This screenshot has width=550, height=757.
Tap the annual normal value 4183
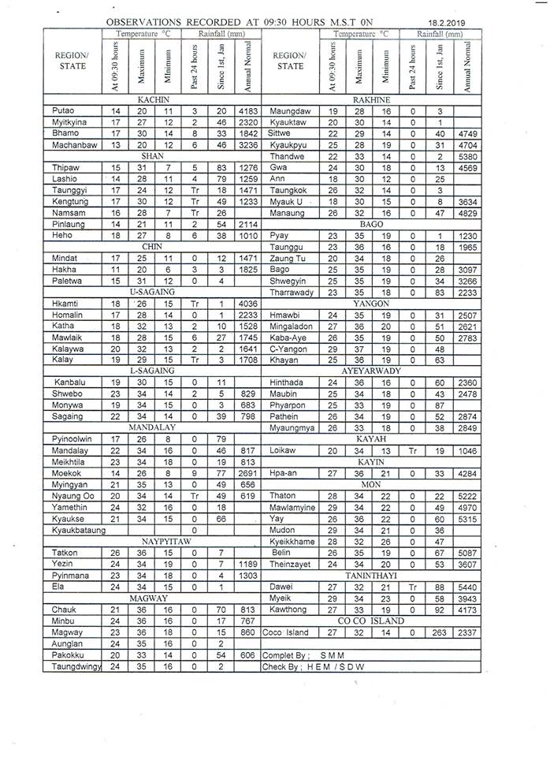point(247,111)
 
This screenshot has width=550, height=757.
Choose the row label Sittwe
point(281,134)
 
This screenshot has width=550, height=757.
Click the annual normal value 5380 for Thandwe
point(466,156)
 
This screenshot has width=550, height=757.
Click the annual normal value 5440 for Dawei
point(466,587)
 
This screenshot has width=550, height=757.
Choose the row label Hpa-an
point(283,473)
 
